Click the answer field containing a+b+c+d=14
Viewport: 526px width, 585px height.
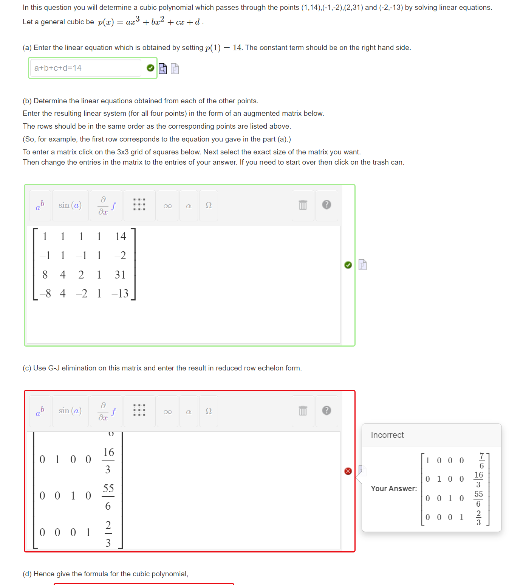pyautogui.click(x=85, y=68)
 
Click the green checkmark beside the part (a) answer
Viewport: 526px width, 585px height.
pyautogui.click(x=150, y=68)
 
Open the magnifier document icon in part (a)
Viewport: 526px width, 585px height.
pyautogui.click(x=162, y=68)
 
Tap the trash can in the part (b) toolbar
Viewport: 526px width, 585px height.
pyautogui.click(x=303, y=205)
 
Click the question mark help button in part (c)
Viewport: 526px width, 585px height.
pyautogui.click(x=326, y=411)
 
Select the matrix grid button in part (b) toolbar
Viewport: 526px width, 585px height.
pyautogui.click(x=139, y=205)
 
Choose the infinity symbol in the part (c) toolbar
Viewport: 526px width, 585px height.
pyautogui.click(x=167, y=412)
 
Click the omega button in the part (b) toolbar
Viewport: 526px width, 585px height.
pyautogui.click(x=208, y=205)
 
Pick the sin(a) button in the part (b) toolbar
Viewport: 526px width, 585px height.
pyautogui.click(x=70, y=205)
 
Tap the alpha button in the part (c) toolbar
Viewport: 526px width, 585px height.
pyautogui.click(x=189, y=412)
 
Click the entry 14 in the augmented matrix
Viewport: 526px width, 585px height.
pyautogui.click(x=121, y=236)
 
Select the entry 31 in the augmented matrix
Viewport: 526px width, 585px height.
pyautogui.click(x=120, y=275)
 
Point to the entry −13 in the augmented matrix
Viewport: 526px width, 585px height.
pyautogui.click(x=120, y=294)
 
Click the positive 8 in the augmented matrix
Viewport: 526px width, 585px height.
pyautogui.click(x=45, y=275)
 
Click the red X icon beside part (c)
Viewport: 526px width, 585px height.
pyautogui.click(x=348, y=471)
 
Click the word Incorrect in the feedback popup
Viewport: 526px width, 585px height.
pyautogui.click(x=387, y=435)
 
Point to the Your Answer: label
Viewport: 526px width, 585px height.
pyautogui.click(x=394, y=489)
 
